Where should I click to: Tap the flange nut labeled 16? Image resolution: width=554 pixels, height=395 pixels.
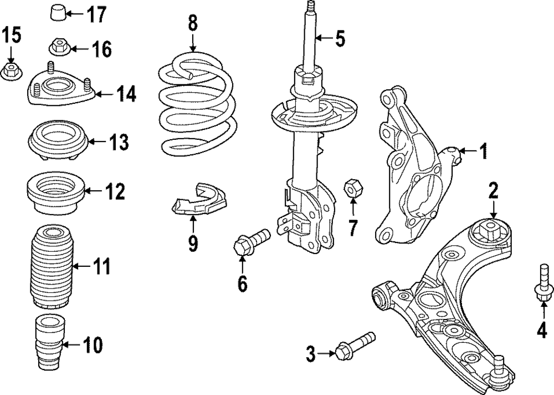[59, 48]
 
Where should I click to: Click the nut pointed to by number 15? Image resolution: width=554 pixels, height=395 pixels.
[11, 71]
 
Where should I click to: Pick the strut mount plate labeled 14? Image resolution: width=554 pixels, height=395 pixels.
[60, 89]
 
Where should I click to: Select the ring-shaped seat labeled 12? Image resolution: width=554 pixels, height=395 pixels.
[56, 194]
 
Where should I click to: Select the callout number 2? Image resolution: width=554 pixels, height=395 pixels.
[493, 191]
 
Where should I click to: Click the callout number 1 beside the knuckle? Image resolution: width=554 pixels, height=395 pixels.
[483, 150]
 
